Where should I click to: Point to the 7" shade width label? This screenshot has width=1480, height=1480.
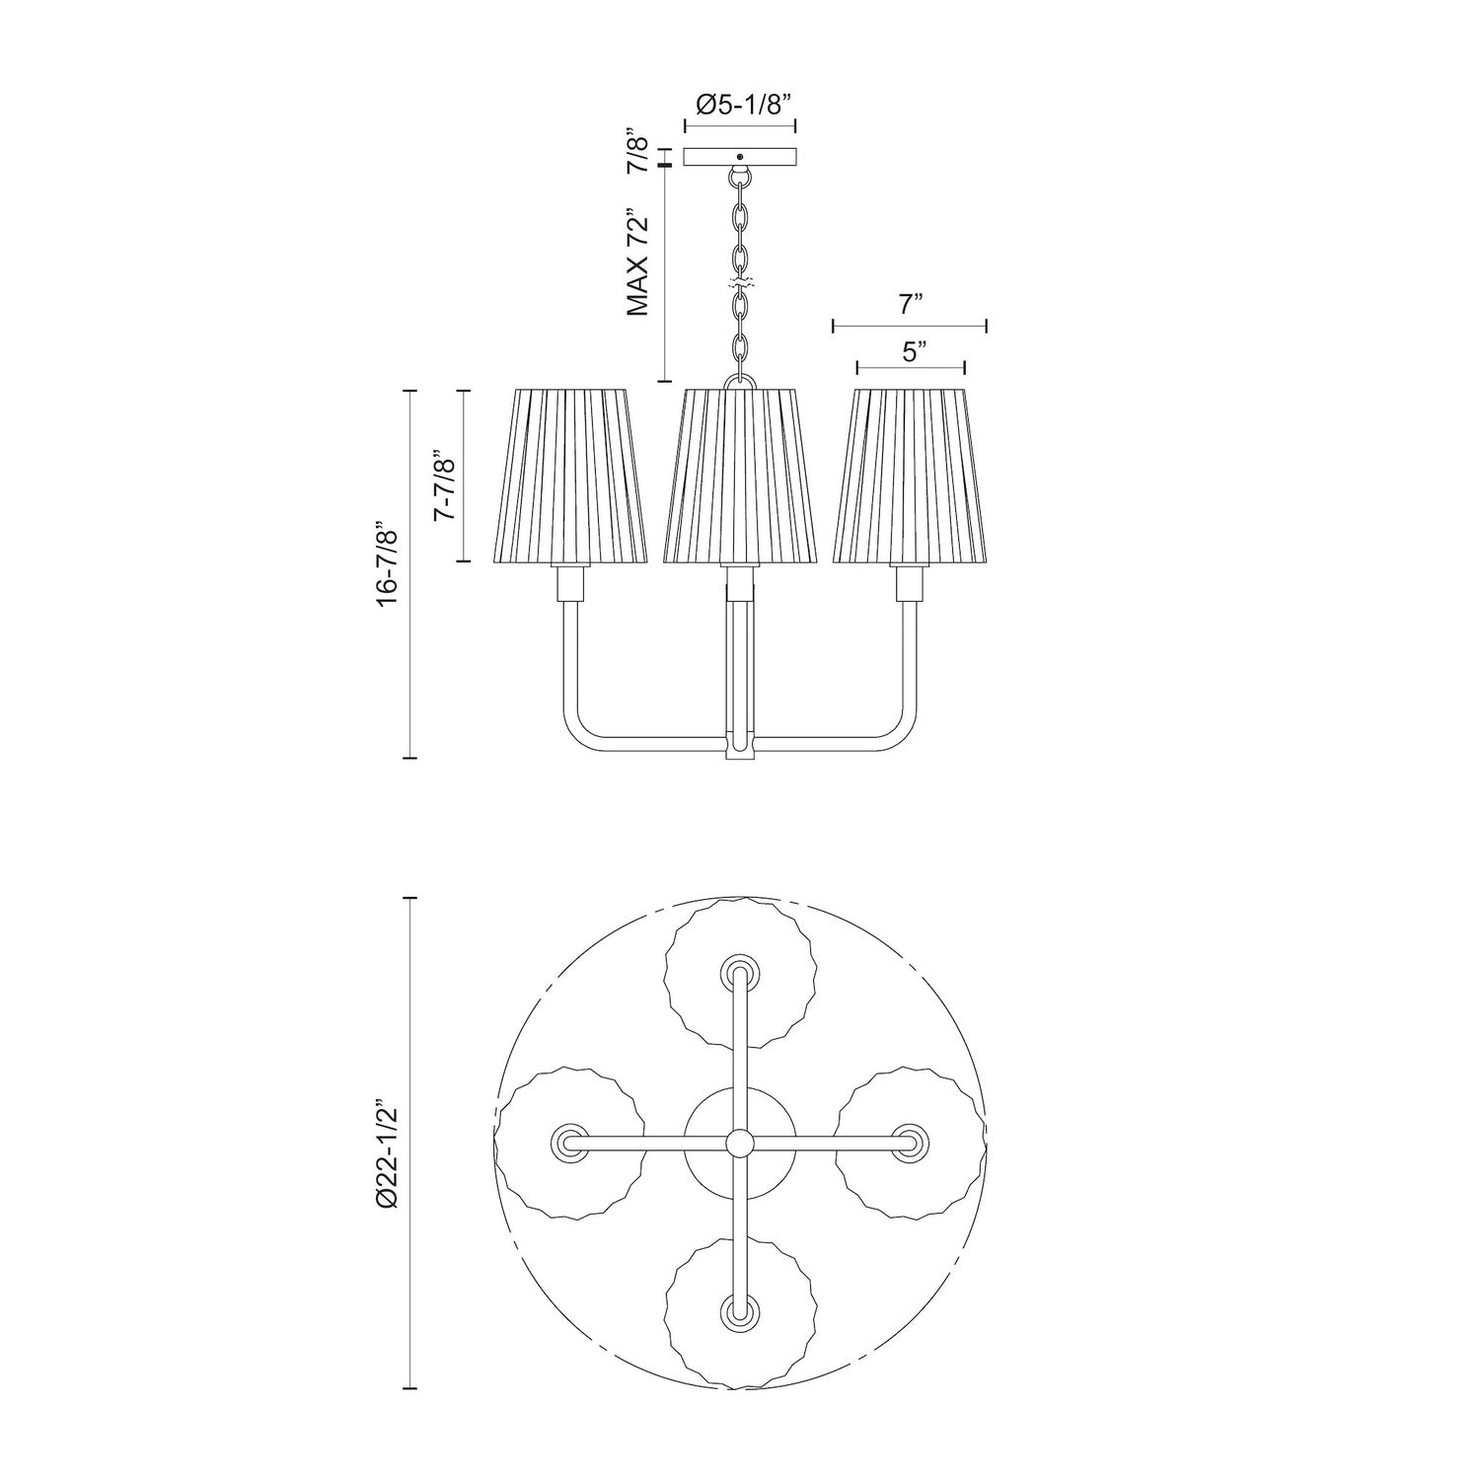pyautogui.click(x=909, y=305)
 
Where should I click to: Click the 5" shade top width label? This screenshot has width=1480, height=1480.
pyautogui.click(x=910, y=350)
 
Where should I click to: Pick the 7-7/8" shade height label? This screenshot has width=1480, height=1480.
pyautogui.click(x=444, y=476)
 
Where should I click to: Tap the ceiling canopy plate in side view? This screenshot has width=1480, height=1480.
pyautogui.click(x=740, y=157)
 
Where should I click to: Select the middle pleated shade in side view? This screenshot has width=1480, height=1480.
pyautogui.click(x=740, y=477)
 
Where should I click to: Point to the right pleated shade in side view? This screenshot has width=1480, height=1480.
pyautogui.click(x=909, y=477)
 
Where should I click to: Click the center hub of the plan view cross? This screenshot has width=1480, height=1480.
pyautogui.click(x=738, y=1143)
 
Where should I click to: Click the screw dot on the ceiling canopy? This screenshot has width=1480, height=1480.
pyautogui.click(x=740, y=155)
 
